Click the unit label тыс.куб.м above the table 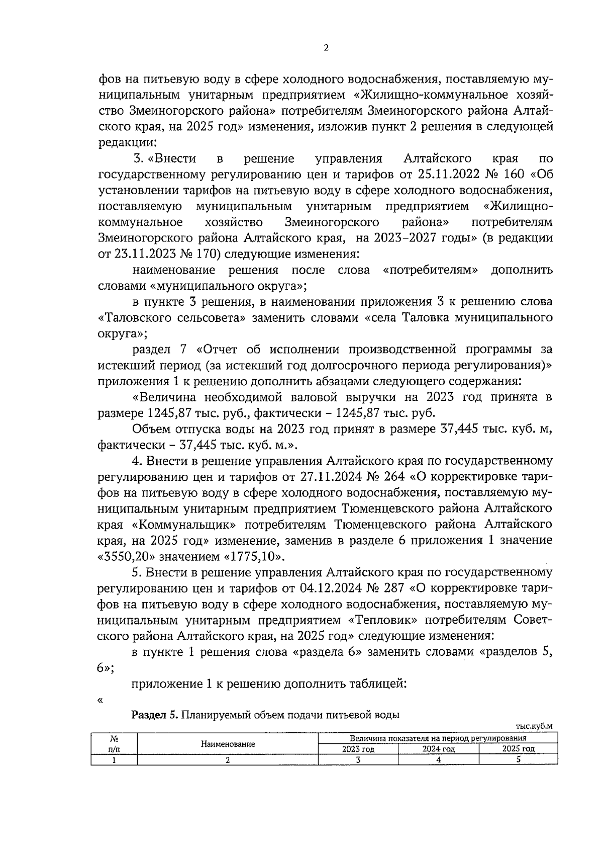click(534, 726)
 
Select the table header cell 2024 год click(438, 749)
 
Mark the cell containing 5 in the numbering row click(518, 760)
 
